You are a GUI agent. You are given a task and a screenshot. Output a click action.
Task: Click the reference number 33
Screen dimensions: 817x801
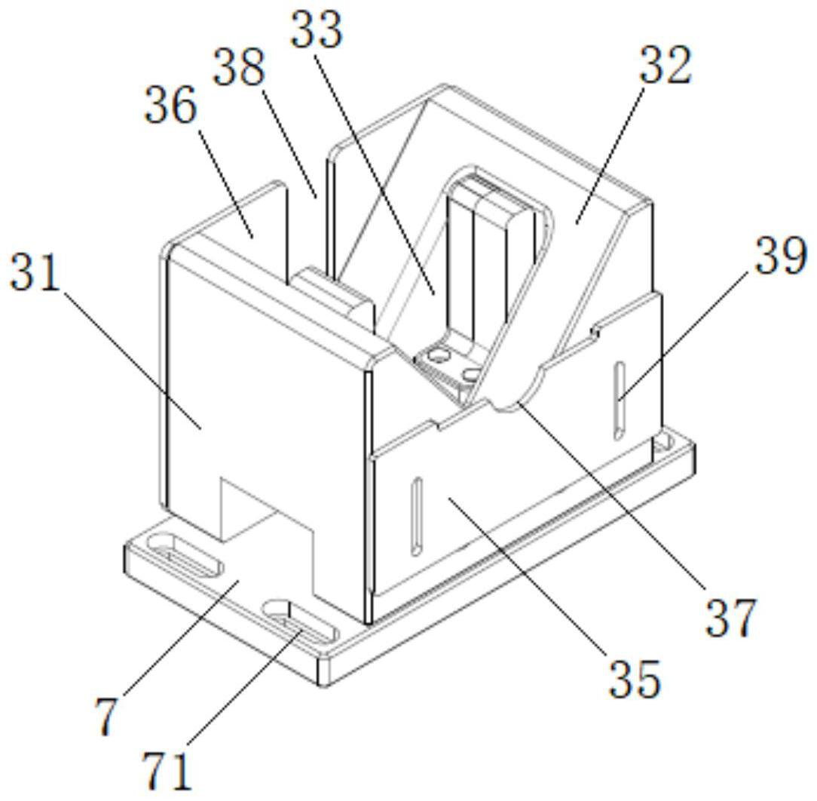pyautogui.click(x=317, y=30)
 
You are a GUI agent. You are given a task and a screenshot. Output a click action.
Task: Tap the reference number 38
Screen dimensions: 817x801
pyautogui.click(x=240, y=68)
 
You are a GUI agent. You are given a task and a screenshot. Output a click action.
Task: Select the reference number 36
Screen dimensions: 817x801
pyautogui.click(x=171, y=105)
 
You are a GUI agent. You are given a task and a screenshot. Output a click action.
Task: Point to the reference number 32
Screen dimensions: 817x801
pyautogui.click(x=666, y=65)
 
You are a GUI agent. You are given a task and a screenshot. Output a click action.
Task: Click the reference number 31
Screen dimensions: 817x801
pyautogui.click(x=35, y=272)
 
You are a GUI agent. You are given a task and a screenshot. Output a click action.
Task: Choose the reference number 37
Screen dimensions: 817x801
pyautogui.click(x=730, y=618)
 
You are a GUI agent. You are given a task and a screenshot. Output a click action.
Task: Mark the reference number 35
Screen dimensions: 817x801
pyautogui.click(x=635, y=679)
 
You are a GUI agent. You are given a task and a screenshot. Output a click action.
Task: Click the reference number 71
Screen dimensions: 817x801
pyautogui.click(x=168, y=772)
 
